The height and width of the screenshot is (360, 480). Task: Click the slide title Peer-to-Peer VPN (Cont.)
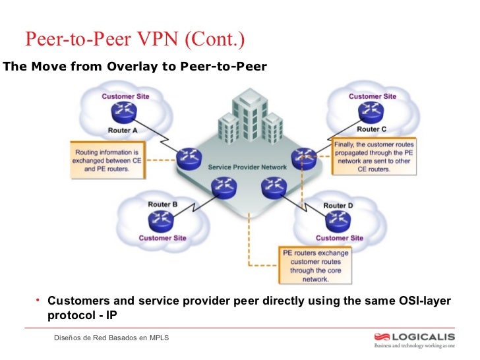point(135,40)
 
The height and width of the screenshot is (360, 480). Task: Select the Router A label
point(123,131)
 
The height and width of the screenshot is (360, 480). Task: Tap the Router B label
point(162,204)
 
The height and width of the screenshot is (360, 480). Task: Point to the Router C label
point(372,129)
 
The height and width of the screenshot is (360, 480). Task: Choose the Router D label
point(338,206)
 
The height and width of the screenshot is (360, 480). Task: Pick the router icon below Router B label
point(162,221)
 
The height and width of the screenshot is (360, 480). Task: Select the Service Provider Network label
point(247,167)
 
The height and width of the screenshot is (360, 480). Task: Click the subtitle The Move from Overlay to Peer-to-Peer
point(135,67)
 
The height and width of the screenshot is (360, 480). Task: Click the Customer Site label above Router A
point(125,96)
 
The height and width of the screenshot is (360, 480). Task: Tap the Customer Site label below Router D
point(339,238)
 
